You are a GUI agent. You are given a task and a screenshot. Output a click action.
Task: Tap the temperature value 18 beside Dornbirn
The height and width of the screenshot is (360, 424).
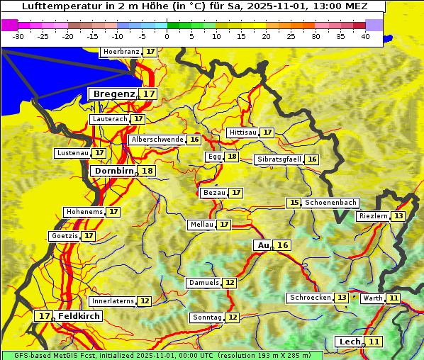[147, 171]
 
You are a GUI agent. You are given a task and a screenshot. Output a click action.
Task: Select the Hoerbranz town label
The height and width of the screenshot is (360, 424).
[121, 52]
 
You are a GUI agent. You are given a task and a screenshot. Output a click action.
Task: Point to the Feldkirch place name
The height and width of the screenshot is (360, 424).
[79, 316]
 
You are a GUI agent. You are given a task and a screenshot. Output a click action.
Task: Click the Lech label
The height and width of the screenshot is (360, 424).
[350, 342]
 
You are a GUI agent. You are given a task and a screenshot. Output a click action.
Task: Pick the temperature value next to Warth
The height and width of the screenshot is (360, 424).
[394, 298]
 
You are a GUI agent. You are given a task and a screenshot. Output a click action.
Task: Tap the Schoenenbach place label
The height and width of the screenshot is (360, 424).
[330, 203]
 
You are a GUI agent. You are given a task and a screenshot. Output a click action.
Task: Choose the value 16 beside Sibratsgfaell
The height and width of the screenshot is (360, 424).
[312, 159]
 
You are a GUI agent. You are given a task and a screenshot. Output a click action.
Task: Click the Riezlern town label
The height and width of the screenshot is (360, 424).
[373, 216]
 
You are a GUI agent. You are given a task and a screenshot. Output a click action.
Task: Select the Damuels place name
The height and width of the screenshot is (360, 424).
[203, 283]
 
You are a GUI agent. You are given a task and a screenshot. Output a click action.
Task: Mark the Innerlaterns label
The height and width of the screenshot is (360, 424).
[113, 301]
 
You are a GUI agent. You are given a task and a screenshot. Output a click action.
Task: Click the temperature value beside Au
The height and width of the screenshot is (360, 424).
[283, 245]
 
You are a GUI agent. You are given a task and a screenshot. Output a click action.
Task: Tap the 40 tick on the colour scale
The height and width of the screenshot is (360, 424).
[365, 36]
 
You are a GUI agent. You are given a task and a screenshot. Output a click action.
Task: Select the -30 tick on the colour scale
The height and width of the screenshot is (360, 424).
[18, 36]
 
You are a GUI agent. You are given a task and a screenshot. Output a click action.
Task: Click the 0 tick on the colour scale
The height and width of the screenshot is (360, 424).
[167, 36]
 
